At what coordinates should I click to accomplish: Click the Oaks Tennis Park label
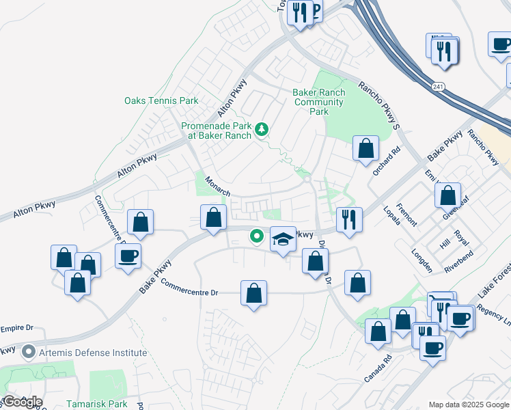161,101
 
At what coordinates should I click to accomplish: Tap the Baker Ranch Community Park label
319,102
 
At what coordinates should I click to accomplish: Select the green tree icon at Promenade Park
260,128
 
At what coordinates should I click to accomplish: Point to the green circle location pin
257,236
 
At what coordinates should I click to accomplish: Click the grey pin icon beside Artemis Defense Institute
29,353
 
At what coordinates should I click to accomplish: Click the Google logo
22,401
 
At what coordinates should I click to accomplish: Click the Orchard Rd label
386,161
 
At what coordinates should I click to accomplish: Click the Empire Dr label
17,328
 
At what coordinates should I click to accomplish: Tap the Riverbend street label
459,260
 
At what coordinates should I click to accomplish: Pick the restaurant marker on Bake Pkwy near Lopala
349,220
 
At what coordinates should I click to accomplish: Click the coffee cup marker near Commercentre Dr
128,257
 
